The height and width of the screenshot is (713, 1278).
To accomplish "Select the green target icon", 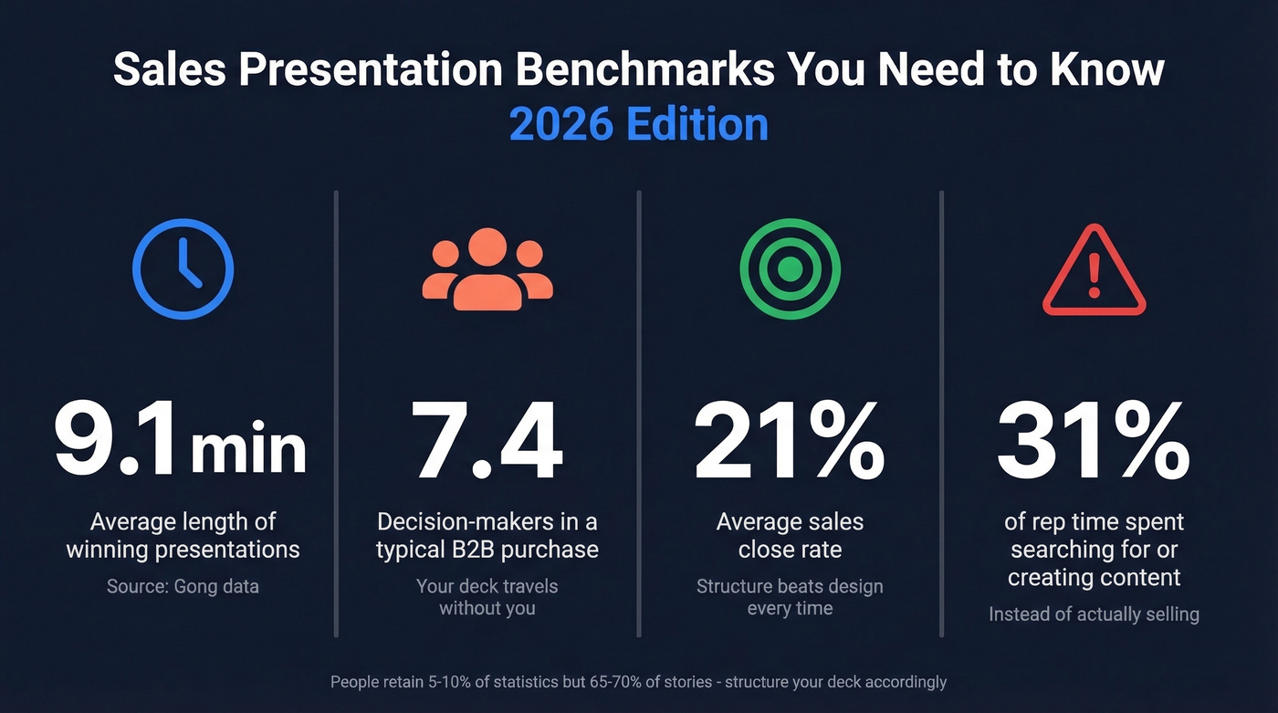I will pos(790,268).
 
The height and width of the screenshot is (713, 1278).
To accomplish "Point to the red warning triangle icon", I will pos(1094,271).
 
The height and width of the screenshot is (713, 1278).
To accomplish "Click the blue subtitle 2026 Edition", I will pos(638,124).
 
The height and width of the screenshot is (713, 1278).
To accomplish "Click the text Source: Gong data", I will pos(183,586).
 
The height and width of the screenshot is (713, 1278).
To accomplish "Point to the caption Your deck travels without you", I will pos(487,597).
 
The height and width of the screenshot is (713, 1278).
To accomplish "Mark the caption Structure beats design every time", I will pos(790,597).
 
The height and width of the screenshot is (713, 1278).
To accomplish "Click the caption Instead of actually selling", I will pos(1094,614).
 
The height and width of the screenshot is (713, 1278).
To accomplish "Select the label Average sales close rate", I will pos(790,536).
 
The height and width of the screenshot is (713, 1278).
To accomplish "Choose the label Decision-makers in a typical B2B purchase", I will pos(487,536).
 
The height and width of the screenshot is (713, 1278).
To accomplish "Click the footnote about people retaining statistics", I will pos(638,682).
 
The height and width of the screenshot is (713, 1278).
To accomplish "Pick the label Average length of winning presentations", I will pos(183,536).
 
